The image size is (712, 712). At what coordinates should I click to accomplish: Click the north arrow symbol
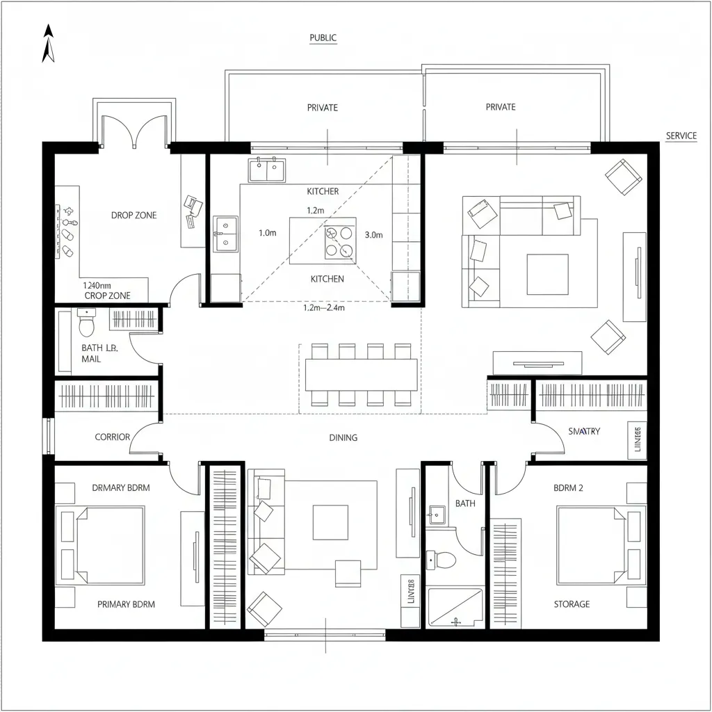tap(48, 43)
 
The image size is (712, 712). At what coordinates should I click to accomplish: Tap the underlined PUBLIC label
tap(323, 38)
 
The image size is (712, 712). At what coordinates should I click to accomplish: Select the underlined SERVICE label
tap(681, 136)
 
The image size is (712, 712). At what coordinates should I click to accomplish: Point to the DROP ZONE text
tap(133, 216)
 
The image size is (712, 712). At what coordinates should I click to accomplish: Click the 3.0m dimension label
tap(373, 235)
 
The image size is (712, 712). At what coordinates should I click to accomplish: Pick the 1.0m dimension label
tap(268, 234)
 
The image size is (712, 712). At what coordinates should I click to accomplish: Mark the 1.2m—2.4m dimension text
tap(323, 307)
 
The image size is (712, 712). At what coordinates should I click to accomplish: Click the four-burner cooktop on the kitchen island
tap(340, 243)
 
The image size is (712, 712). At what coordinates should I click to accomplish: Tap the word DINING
tap(343, 437)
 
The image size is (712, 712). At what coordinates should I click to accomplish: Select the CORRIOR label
tap(112, 437)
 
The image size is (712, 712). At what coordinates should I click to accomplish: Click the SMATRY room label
tap(583, 431)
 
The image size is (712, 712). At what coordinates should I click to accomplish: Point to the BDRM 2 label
tap(568, 488)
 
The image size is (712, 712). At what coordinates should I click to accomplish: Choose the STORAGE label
tap(572, 604)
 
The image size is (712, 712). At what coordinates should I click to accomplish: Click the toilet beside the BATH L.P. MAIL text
tap(87, 325)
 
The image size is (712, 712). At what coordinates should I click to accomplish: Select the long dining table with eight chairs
tap(361, 375)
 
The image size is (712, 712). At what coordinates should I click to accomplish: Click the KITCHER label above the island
tap(323, 191)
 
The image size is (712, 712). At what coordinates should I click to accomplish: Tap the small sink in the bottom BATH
tap(437, 515)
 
